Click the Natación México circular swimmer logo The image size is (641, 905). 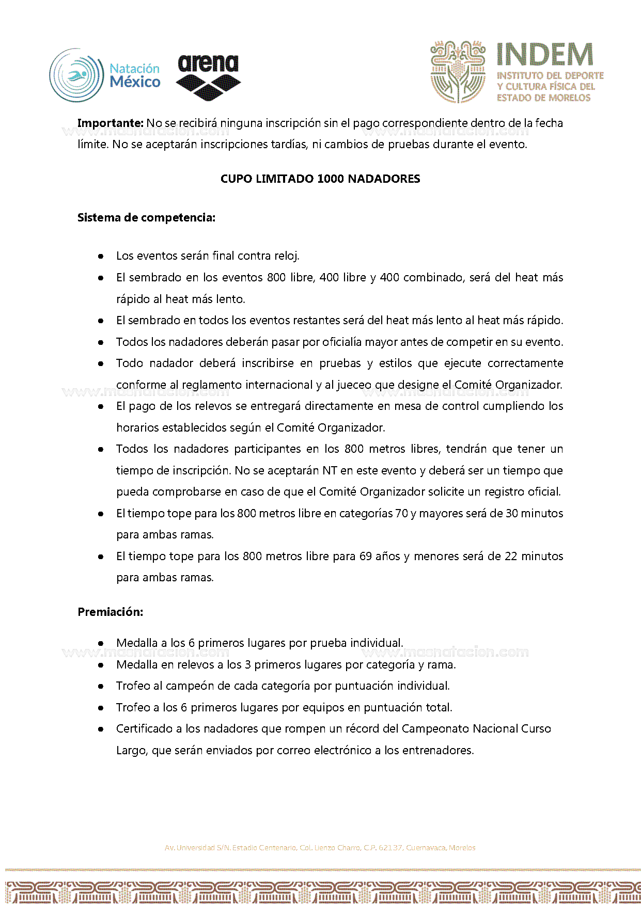click(76, 75)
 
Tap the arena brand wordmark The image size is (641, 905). click(208, 63)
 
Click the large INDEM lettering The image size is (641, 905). click(545, 55)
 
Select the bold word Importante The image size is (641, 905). click(110, 123)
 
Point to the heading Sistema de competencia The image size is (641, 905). click(146, 217)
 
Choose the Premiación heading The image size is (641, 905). click(110, 612)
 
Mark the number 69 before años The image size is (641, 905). click(366, 556)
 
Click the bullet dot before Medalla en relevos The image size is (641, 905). click(101, 665)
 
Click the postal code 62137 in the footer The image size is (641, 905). click(390, 848)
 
